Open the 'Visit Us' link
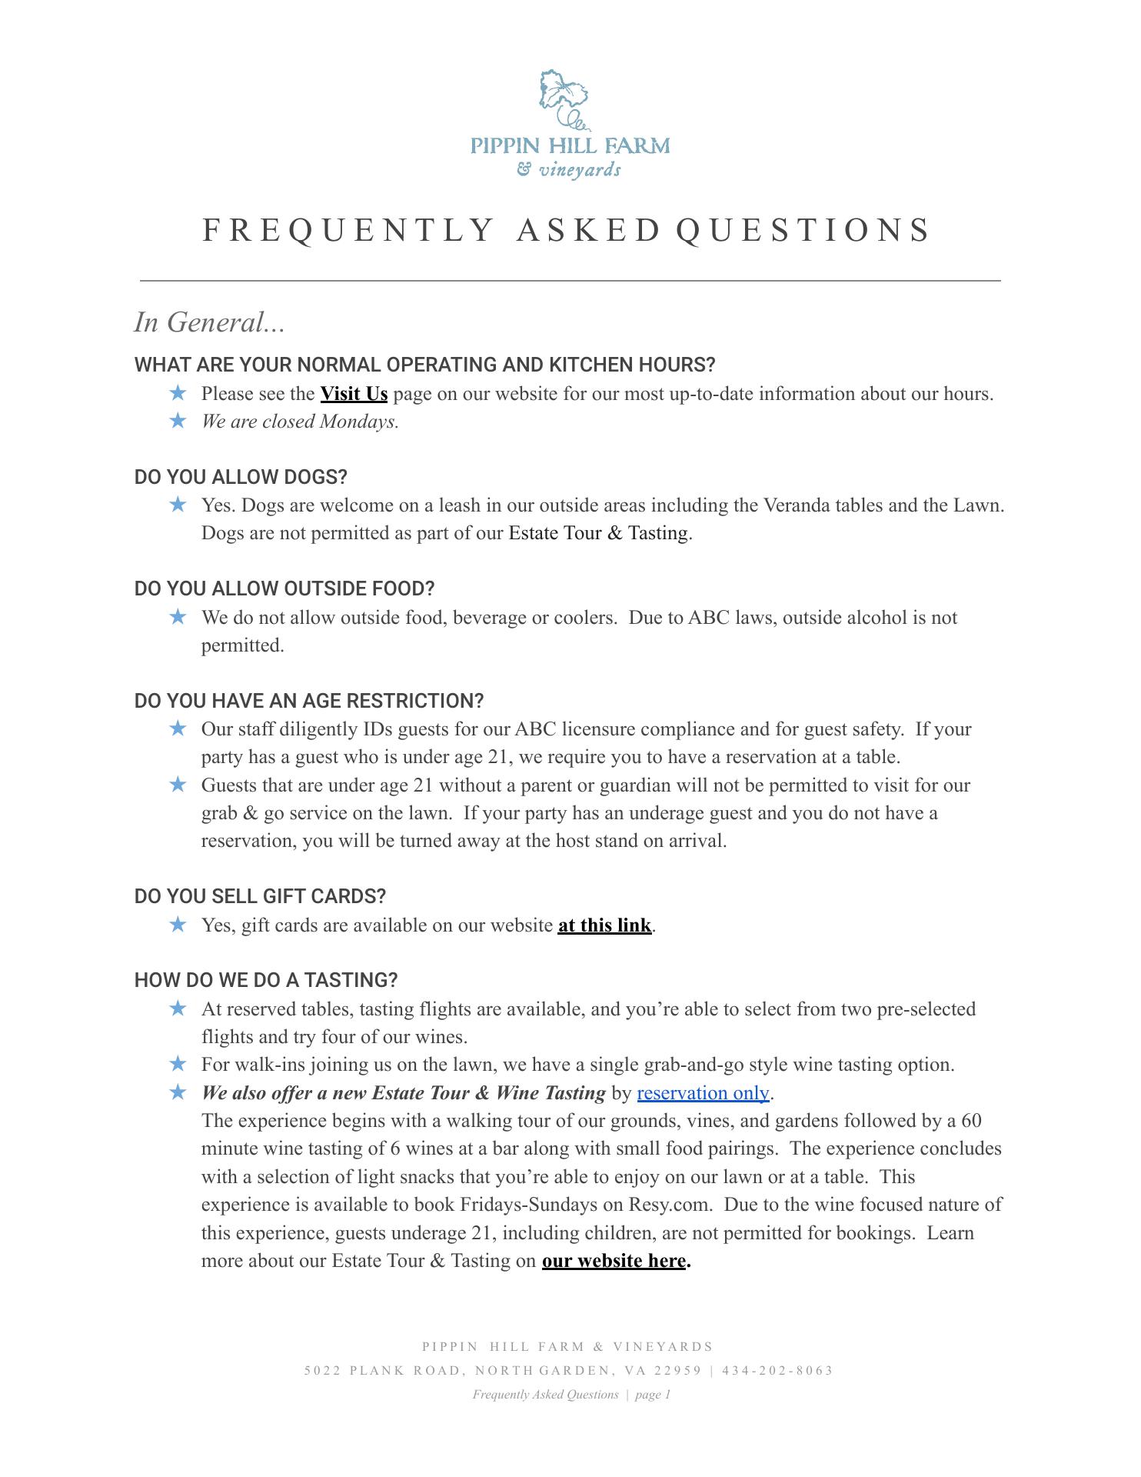[x=354, y=394]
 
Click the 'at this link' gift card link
[x=604, y=925]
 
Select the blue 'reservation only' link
[x=703, y=1092]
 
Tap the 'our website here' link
[x=614, y=1260]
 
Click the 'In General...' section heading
[x=209, y=322]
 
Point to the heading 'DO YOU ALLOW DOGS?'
[x=241, y=477]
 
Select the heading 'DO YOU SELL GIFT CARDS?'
[x=260, y=896]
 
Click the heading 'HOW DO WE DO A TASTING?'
[x=266, y=980]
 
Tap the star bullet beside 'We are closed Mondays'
[x=178, y=421]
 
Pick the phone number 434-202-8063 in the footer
[x=777, y=1370]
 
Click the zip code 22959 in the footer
[x=677, y=1370]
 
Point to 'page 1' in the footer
[x=653, y=1394]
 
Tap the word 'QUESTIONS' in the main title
[x=803, y=230]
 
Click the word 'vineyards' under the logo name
[x=579, y=169]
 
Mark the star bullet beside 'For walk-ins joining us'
[x=178, y=1064]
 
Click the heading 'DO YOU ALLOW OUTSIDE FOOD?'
[x=284, y=588]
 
